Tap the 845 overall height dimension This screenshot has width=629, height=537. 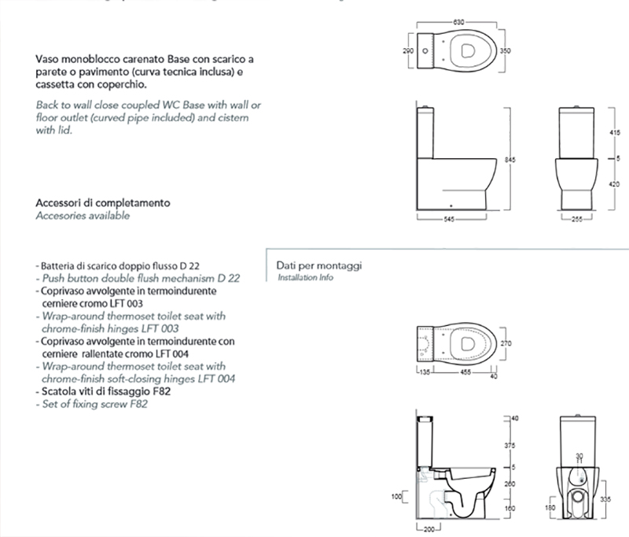(x=509, y=160)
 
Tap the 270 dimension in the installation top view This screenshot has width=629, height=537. (x=508, y=343)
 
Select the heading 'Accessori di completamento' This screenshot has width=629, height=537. (x=103, y=202)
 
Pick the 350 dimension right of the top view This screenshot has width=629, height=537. (x=508, y=50)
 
